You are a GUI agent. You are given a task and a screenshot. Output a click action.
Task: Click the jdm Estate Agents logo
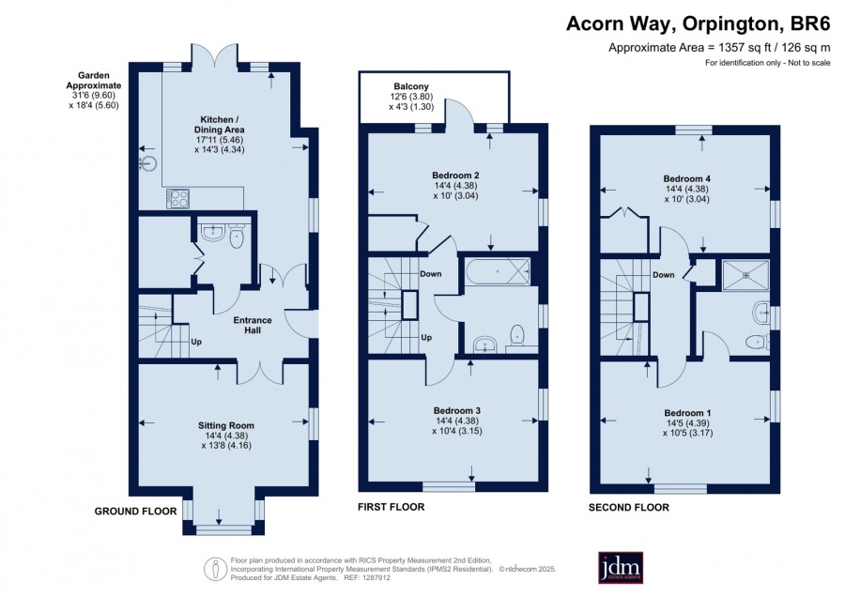pyautogui.click(x=621, y=567)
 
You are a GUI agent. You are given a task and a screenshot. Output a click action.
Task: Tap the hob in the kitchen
pyautogui.click(x=178, y=198)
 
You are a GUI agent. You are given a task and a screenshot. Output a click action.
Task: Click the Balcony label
pyautogui.click(x=411, y=86)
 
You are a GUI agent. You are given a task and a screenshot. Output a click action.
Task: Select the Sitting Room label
pyautogui.click(x=225, y=425)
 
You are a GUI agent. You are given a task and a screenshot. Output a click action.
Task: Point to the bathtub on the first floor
pyautogui.click(x=497, y=272)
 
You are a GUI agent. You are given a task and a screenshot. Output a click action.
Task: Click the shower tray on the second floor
pyautogui.click(x=745, y=275)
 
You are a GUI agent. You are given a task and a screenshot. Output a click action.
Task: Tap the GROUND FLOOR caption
pyautogui.click(x=135, y=512)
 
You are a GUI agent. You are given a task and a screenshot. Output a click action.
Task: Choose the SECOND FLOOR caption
pyautogui.click(x=629, y=507)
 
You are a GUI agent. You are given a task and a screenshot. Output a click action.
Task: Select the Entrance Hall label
pyautogui.click(x=253, y=325)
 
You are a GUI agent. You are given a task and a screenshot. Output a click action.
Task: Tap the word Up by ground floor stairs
pyautogui.click(x=196, y=342)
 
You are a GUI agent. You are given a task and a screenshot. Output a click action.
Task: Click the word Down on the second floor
pyautogui.click(x=664, y=275)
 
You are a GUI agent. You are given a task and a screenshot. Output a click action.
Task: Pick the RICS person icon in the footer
pyautogui.click(x=215, y=569)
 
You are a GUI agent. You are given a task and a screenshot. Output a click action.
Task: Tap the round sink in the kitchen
pyautogui.click(x=148, y=162)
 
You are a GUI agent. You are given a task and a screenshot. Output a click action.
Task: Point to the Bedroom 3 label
pyautogui.click(x=456, y=410)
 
